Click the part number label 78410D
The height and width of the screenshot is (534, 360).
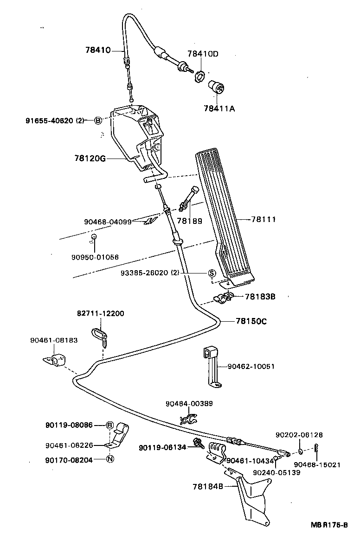(203, 54)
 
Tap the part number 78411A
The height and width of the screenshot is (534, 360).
(219, 109)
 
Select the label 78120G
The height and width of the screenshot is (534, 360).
(90, 159)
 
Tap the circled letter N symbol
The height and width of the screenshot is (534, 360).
(110, 459)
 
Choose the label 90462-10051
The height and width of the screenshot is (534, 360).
(251, 366)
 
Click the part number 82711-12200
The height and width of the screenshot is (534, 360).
(100, 313)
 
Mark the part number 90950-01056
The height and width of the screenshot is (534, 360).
(95, 257)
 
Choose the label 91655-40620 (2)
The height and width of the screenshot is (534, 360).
(55, 121)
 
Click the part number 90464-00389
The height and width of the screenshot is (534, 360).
(190, 404)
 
